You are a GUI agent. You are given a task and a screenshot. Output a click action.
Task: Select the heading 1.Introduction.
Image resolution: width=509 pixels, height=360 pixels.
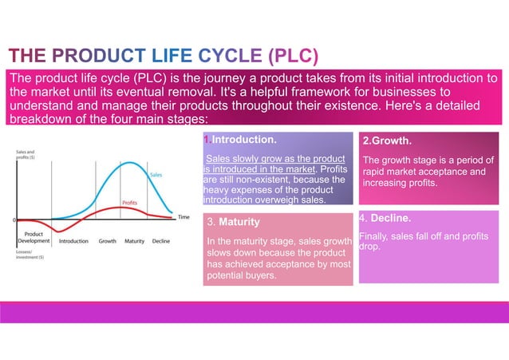tap(241, 140)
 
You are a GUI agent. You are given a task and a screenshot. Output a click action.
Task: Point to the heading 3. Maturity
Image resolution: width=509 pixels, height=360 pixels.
tap(233, 221)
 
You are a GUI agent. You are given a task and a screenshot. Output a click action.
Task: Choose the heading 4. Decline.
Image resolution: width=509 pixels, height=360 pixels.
tap(385, 218)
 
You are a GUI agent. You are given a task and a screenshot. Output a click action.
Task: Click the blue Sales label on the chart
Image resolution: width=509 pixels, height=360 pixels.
tap(156, 174)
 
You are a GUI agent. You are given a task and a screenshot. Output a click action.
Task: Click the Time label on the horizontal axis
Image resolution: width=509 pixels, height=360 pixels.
tap(183, 217)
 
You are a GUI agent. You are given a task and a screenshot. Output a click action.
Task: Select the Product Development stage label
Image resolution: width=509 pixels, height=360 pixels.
tap(34, 237)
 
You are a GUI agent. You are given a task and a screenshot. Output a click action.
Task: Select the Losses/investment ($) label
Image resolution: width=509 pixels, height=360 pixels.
tap(30, 254)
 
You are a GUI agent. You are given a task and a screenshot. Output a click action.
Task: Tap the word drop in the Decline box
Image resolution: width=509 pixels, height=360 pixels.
tap(369, 247)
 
